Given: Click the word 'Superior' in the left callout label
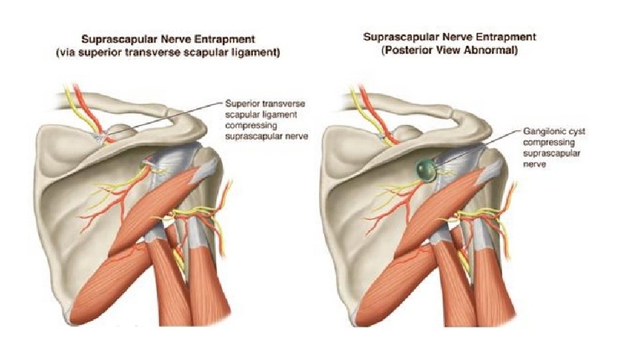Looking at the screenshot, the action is [x=240, y=105].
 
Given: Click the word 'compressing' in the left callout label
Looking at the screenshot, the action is [x=250, y=125].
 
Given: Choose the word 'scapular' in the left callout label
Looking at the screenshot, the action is [x=242, y=115].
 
